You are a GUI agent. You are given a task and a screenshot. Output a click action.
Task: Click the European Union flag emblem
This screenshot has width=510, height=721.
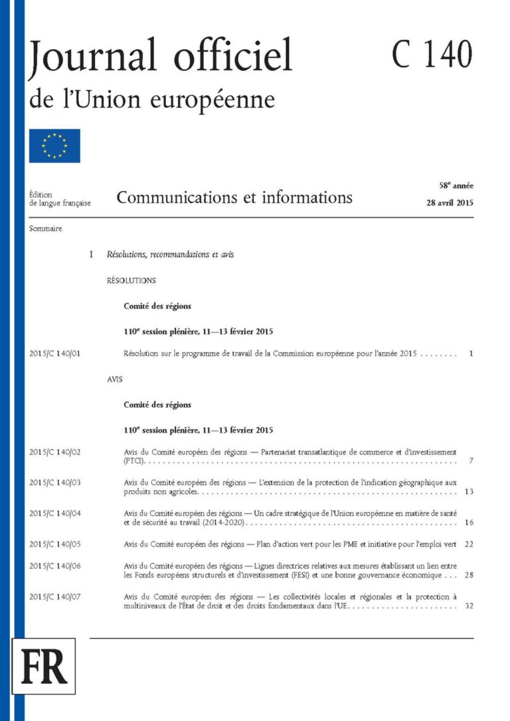54,146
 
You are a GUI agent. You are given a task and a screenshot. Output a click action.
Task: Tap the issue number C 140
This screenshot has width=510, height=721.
432,54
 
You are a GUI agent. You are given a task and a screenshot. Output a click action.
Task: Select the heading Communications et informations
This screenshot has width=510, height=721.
234,197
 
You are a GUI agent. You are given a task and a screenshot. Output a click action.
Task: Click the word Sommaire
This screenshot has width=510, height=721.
45,229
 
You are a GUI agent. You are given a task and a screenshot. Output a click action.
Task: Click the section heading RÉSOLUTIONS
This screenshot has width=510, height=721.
131,281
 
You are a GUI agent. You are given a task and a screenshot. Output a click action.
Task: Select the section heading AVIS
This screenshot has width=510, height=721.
115,380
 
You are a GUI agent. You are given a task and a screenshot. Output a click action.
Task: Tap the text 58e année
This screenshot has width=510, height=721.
455,186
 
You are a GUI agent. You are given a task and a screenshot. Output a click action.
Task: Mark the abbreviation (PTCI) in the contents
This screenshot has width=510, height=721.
135,460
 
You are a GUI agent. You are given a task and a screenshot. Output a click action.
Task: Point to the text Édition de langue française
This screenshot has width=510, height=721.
60,199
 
